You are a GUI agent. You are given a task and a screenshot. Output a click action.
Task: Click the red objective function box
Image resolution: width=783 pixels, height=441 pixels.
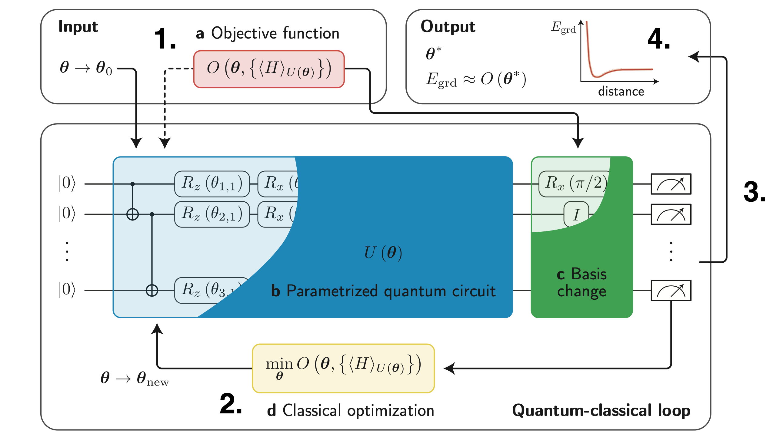point(269,69)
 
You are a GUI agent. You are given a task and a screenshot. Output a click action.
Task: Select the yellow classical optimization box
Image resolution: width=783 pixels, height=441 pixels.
point(343,368)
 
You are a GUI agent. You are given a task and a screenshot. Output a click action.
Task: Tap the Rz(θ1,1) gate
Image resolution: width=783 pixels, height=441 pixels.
point(212,184)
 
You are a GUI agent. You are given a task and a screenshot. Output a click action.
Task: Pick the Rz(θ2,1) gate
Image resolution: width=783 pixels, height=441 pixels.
point(212,214)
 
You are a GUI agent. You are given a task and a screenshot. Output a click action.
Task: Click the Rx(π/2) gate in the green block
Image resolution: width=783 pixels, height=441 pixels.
point(575,184)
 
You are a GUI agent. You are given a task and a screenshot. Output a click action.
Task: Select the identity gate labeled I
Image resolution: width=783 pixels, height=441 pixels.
point(576,214)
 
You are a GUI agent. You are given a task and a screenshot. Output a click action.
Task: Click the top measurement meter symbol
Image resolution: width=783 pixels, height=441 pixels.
point(671,184)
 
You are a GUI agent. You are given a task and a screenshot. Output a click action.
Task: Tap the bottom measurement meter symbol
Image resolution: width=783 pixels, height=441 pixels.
point(671,290)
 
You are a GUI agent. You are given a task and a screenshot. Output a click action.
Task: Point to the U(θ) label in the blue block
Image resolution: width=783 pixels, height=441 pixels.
point(383,253)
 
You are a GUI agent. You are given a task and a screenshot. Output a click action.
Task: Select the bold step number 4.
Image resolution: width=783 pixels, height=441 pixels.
point(659,39)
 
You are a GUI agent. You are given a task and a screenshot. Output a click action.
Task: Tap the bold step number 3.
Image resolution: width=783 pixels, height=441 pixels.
point(755,192)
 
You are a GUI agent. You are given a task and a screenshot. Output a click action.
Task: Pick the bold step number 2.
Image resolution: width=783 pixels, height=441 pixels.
point(231,404)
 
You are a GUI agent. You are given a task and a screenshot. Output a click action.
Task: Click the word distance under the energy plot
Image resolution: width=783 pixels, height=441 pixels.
point(621,91)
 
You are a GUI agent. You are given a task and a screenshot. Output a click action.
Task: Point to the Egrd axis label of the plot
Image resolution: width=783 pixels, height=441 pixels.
point(563,27)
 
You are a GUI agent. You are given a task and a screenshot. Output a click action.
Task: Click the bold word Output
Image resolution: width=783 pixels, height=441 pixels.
point(448,26)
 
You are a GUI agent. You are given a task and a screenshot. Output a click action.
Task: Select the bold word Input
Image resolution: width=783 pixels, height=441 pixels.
point(78,26)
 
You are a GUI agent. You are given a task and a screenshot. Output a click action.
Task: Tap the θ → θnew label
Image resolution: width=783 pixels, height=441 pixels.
point(135,379)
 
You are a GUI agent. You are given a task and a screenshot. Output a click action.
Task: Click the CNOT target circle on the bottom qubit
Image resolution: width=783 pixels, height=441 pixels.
point(152,290)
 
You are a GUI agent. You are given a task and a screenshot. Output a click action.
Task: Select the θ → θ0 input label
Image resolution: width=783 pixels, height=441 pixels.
point(86,68)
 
